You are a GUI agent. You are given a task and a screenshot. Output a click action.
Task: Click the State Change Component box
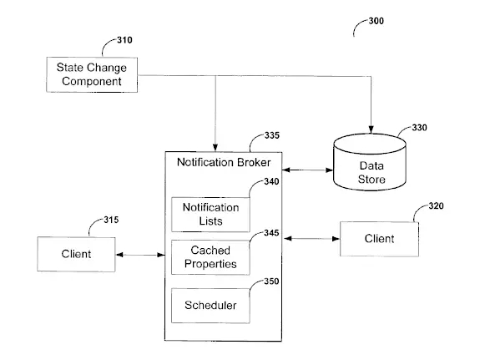pyautogui.click(x=92, y=74)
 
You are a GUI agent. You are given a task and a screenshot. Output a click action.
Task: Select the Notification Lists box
pyautogui.click(x=210, y=215)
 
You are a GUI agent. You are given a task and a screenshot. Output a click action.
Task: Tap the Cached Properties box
pyautogui.click(x=210, y=257)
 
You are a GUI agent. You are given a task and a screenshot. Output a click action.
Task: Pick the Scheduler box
pyautogui.click(x=210, y=306)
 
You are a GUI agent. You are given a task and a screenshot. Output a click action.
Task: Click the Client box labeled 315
pyautogui.click(x=76, y=254)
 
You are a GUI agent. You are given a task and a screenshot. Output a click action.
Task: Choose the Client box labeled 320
pyautogui.click(x=379, y=239)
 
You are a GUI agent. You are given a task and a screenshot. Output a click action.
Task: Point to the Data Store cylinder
pyautogui.click(x=370, y=162)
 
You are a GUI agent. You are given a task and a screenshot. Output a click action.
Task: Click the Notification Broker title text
pyautogui.click(x=224, y=162)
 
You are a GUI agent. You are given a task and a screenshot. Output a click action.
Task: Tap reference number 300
pyautogui.click(x=376, y=21)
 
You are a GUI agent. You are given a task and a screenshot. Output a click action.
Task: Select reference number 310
pyautogui.click(x=124, y=40)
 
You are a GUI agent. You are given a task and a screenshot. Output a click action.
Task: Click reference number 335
pyautogui.click(x=272, y=135)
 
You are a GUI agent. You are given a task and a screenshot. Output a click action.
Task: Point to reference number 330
pyautogui.click(x=419, y=128)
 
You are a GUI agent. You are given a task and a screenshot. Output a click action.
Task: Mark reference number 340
pyautogui.click(x=271, y=182)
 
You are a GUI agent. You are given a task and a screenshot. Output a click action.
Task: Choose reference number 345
pyautogui.click(x=271, y=233)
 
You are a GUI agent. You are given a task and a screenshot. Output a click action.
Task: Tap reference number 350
pyautogui.click(x=271, y=281)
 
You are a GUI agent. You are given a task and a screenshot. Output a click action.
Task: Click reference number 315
pyautogui.click(x=111, y=220)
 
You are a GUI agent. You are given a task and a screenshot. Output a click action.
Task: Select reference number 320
pyautogui.click(x=436, y=206)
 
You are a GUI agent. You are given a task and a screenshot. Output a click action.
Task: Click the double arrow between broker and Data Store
pyautogui.click(x=308, y=170)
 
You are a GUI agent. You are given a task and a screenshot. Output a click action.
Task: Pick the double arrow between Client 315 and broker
pyautogui.click(x=140, y=255)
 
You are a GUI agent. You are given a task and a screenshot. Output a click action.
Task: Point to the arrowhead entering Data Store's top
pyautogui.click(x=371, y=129)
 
